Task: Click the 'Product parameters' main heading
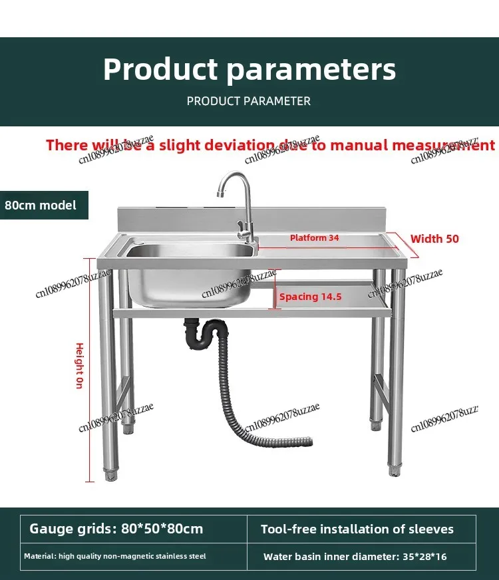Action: click(x=249, y=70)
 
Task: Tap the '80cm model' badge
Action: click(x=41, y=205)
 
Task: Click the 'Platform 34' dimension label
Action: click(x=315, y=237)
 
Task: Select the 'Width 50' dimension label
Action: click(x=434, y=239)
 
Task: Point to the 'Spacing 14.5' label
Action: click(x=310, y=297)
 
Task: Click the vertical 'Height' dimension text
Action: click(x=79, y=366)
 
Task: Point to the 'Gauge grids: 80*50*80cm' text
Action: click(x=116, y=529)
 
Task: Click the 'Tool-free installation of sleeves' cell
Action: click(x=357, y=529)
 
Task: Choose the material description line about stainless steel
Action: click(x=115, y=556)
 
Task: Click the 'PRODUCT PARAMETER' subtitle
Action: click(x=249, y=101)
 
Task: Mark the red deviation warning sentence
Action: click(x=270, y=145)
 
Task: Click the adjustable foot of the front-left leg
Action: click(x=110, y=475)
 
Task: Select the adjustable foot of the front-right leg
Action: click(x=395, y=468)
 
